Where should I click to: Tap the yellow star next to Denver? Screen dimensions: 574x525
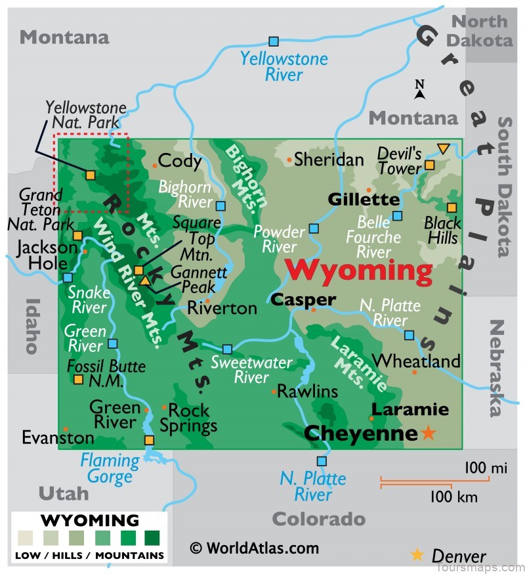(x=417, y=554)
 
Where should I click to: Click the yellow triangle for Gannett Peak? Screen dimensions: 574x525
(x=145, y=280)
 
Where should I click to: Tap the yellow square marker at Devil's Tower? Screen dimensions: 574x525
(x=429, y=165)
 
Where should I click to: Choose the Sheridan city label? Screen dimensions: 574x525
(x=328, y=160)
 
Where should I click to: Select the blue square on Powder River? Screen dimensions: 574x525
(x=314, y=228)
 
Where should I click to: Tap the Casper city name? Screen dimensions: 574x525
(x=303, y=299)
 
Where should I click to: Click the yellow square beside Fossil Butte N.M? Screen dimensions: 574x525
(x=78, y=379)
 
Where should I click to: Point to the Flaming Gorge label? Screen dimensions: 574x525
(x=110, y=468)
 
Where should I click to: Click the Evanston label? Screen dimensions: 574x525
(x=58, y=437)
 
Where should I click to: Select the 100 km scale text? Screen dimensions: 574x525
(x=453, y=497)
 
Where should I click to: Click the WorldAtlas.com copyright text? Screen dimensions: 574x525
(x=254, y=548)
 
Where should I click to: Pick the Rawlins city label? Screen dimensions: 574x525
(x=307, y=392)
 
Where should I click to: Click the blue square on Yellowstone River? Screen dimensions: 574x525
(x=274, y=41)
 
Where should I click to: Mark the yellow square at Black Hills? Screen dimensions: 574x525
(x=451, y=208)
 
